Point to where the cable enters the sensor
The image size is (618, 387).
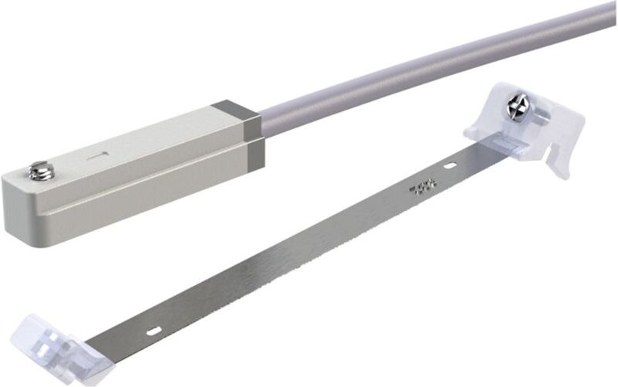(261, 122)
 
